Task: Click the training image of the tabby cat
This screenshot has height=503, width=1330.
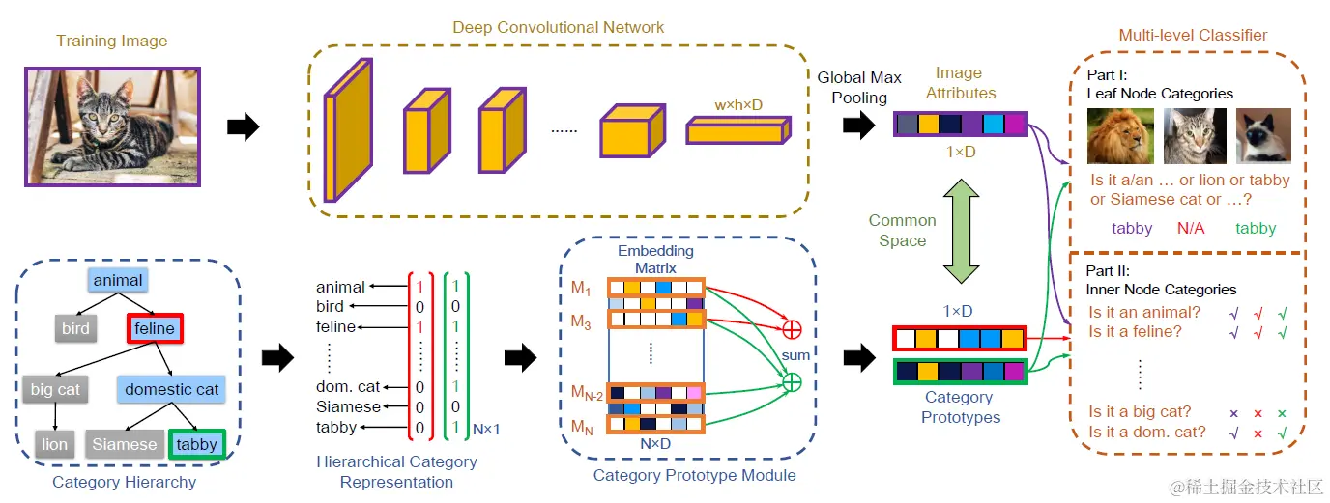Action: pos(112,126)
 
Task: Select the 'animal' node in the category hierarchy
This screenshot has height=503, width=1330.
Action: pos(118,281)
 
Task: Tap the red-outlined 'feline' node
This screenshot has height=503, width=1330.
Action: pos(155,328)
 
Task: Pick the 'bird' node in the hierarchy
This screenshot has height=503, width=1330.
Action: pos(76,328)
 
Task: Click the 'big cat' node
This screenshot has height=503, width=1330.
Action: pos(56,390)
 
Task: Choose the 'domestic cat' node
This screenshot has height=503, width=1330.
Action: pos(172,390)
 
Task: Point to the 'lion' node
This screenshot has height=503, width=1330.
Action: pos(54,444)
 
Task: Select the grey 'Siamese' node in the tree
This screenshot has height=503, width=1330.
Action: pos(124,444)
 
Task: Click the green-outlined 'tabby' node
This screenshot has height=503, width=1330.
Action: pos(197,444)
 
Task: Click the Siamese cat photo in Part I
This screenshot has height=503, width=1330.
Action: pos(1263,136)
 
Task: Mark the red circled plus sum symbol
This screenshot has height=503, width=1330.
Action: pos(791,328)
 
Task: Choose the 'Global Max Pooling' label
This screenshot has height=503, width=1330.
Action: pos(859,87)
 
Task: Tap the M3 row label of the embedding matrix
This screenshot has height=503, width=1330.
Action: pos(582,320)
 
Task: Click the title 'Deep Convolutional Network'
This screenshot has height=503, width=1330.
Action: pos(559,27)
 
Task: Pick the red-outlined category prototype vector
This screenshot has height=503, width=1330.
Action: pos(959,338)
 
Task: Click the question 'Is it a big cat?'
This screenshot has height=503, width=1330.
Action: pos(1140,412)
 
